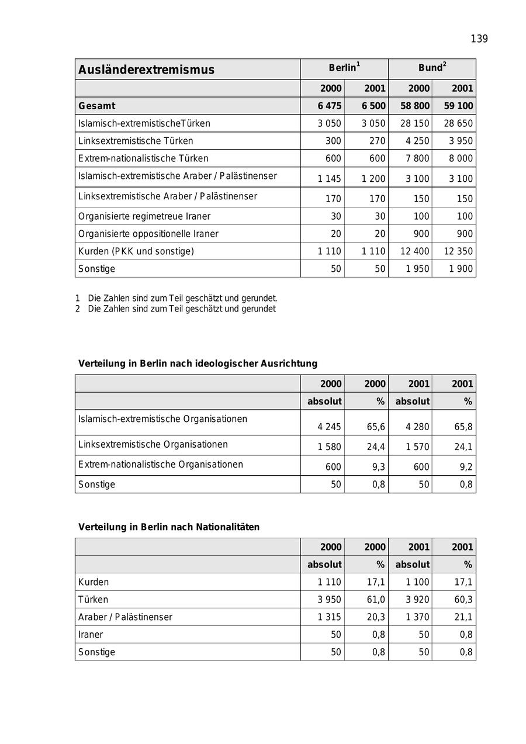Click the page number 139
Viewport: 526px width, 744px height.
479,39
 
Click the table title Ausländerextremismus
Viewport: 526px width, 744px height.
146,70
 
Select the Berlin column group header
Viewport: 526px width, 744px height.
344,68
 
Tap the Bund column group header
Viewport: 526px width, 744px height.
432,68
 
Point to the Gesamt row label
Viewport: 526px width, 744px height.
97,106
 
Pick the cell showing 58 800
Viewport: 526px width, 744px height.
414,106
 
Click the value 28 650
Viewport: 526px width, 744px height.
458,123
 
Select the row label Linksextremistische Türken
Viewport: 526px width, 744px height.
136,141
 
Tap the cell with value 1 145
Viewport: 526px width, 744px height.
330,179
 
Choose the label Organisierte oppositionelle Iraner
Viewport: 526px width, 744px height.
148,234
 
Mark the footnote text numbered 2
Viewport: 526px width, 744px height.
181,309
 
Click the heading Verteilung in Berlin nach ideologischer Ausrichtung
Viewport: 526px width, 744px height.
198,364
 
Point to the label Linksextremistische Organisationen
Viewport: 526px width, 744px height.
153,444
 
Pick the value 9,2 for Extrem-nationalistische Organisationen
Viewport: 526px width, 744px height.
465,467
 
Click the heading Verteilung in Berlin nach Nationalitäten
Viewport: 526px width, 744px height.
169,527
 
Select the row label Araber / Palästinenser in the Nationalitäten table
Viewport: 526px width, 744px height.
125,617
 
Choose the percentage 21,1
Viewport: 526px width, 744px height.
463,617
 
